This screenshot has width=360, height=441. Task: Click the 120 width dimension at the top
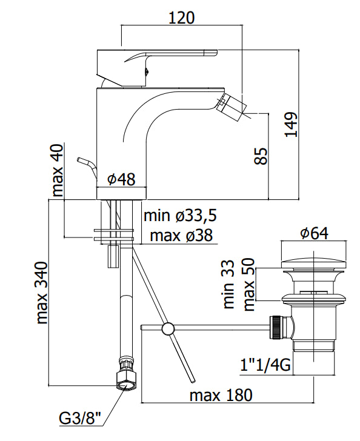(x=182, y=18)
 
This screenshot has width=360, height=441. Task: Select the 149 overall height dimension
(x=291, y=124)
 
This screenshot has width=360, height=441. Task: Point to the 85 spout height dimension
(x=261, y=156)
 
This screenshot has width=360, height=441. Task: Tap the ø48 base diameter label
(x=121, y=179)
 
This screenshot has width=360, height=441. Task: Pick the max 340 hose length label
(x=42, y=293)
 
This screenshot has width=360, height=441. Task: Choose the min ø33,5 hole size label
(x=180, y=216)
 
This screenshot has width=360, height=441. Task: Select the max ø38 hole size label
(x=181, y=235)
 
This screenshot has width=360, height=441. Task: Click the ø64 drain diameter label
(x=314, y=233)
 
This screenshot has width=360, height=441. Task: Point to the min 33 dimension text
(x=228, y=284)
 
